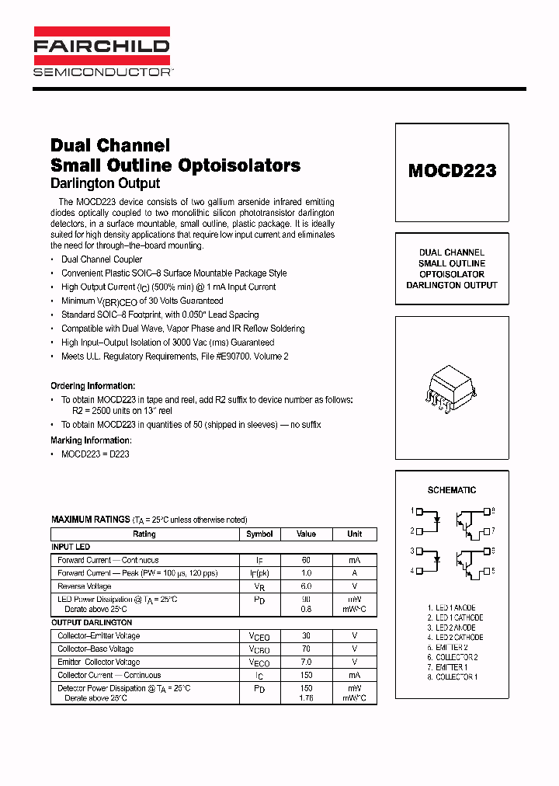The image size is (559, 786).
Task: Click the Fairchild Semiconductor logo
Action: [x=101, y=52]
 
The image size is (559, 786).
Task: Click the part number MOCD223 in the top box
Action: [x=452, y=171]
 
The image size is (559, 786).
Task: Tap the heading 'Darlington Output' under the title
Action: [x=105, y=183]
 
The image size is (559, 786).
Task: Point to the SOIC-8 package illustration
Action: [x=451, y=386]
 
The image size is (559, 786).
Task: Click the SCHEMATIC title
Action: [x=452, y=490]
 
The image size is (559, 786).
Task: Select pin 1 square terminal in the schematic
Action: [x=419, y=512]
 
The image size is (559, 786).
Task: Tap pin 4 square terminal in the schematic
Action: [x=419, y=572]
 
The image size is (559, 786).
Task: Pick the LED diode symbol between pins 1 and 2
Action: [x=437, y=520]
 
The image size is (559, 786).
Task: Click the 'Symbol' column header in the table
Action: [x=259, y=534]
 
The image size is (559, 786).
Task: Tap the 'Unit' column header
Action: [x=354, y=534]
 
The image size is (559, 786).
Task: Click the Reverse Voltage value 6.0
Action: [x=306, y=586]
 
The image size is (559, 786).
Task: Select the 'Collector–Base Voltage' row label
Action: [x=95, y=649]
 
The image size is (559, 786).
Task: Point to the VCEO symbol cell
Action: [x=259, y=636]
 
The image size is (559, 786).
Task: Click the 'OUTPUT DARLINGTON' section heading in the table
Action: [x=92, y=623]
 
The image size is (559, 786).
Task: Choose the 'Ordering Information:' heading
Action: [x=92, y=386]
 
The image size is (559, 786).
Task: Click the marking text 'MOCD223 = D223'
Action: [x=95, y=454]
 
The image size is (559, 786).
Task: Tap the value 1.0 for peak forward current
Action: [x=306, y=573]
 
